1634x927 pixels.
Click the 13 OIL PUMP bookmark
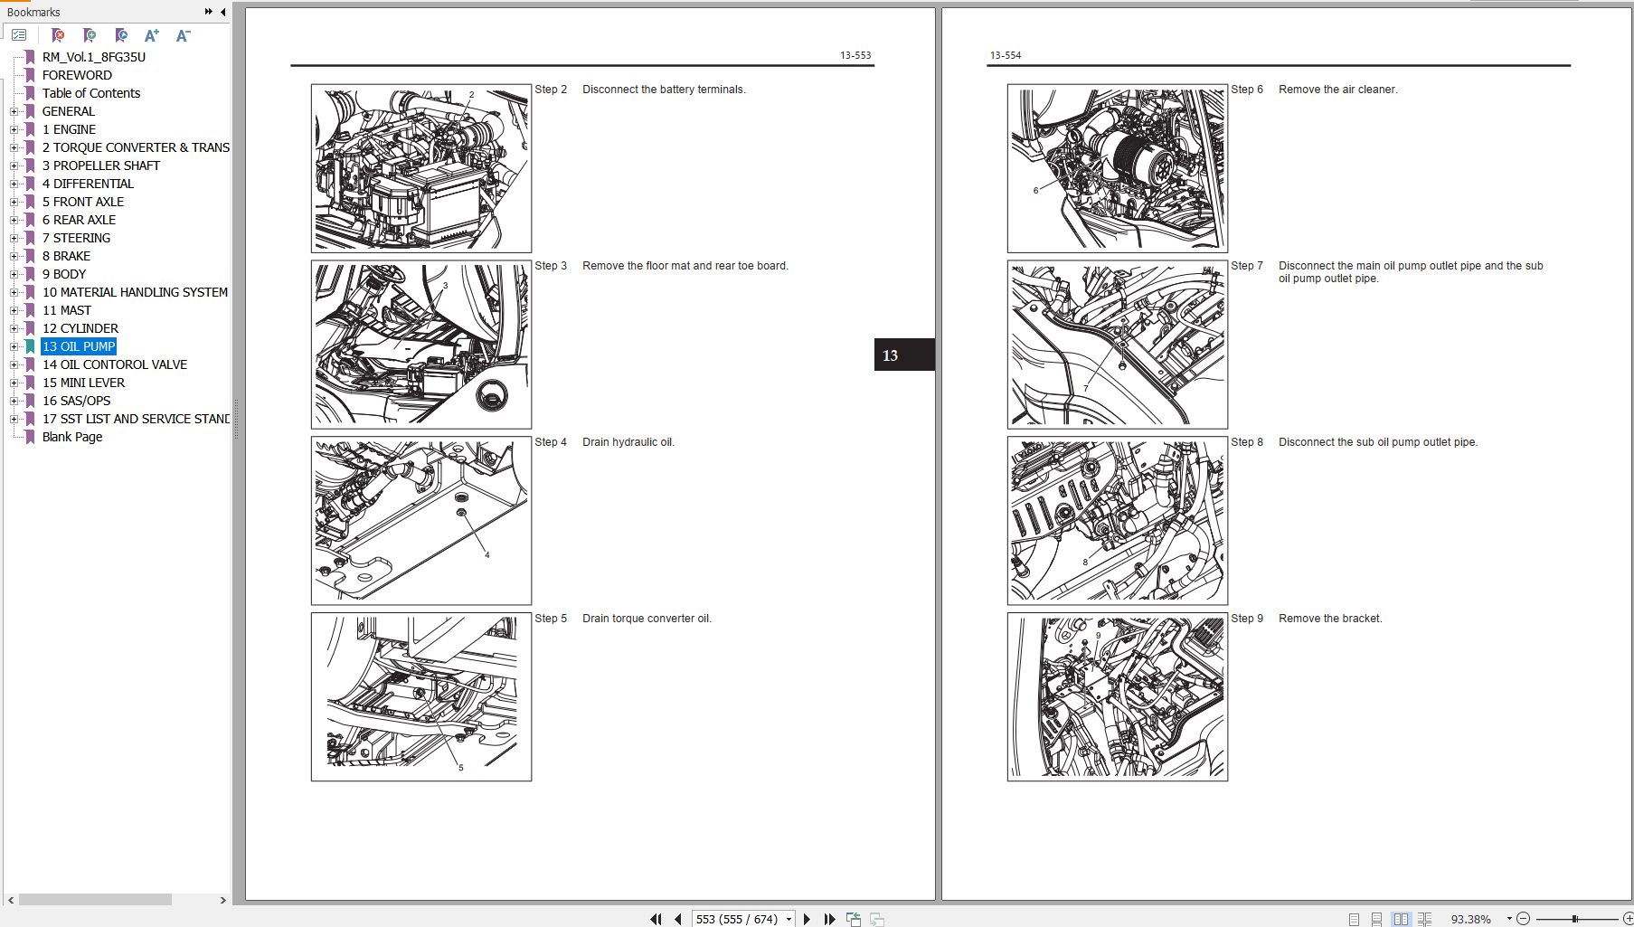click(x=79, y=346)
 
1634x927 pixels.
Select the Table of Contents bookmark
click(x=91, y=93)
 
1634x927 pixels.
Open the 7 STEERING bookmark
click(x=77, y=238)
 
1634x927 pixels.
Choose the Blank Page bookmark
click(x=72, y=437)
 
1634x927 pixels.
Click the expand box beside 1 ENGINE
click(x=14, y=129)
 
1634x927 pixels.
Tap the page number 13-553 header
click(x=855, y=55)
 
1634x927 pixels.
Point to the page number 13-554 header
click(x=1006, y=55)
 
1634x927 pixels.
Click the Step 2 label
click(x=551, y=90)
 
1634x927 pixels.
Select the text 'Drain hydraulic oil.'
click(x=628, y=442)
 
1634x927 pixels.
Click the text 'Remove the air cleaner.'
click(x=1338, y=90)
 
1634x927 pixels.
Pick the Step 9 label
click(x=1247, y=619)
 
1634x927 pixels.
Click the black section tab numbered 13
click(x=904, y=355)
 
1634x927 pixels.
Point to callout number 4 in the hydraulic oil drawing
click(x=486, y=554)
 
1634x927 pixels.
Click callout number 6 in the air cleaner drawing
click(x=1035, y=190)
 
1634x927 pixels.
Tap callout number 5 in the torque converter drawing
click(x=460, y=768)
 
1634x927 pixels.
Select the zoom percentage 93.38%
click(x=1471, y=919)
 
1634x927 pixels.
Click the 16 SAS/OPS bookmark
click(x=76, y=401)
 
